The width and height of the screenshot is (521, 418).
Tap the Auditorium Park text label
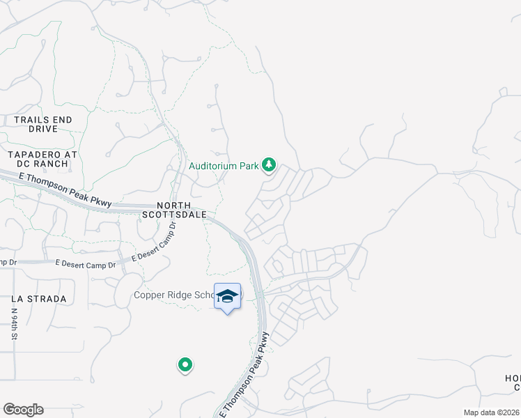(x=224, y=167)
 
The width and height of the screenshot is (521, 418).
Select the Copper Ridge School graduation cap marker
(x=227, y=297)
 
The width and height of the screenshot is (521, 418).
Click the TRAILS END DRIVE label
(x=42, y=125)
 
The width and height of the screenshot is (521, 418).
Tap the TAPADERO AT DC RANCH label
(x=38, y=160)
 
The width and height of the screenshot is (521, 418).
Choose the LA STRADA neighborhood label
(x=39, y=299)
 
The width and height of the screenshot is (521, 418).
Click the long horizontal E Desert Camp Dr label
(x=84, y=262)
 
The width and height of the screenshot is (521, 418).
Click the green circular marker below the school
(x=185, y=364)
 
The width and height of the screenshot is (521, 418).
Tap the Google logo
(x=23, y=410)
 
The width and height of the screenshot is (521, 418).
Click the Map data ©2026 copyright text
(x=492, y=412)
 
